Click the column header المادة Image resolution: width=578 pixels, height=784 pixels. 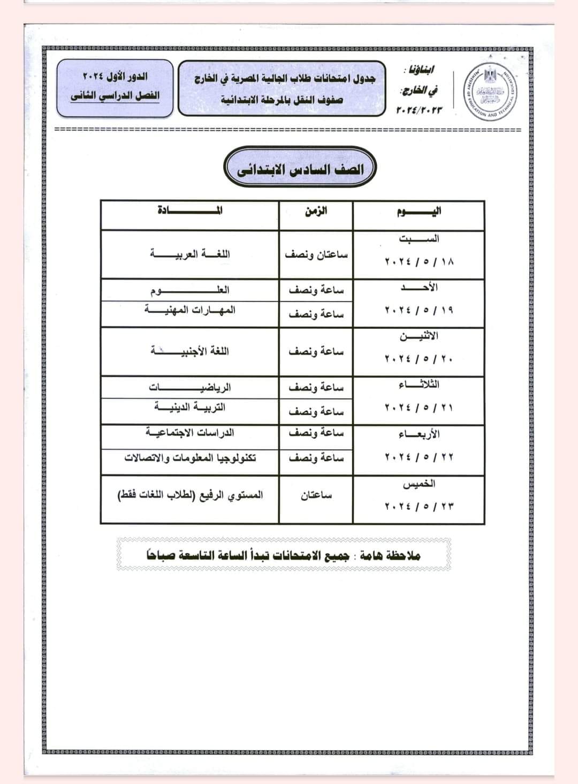pos(190,210)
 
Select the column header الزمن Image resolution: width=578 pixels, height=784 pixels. pos(316,210)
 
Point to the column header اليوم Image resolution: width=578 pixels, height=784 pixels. pos(419,210)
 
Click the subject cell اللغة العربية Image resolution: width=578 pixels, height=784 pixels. pos(190,253)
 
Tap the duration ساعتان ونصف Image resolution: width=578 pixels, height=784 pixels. pos(316,255)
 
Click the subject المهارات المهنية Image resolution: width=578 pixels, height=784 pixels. pos(190,310)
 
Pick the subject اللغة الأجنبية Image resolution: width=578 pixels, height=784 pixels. pos(190,351)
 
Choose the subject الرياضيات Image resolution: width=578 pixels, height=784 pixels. pos(190,387)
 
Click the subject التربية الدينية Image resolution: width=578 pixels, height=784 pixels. pos(190,407)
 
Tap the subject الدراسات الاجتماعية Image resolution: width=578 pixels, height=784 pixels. pos(190,432)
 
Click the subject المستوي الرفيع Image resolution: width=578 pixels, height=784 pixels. pos(190,495)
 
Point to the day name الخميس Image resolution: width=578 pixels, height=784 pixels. pos(419,484)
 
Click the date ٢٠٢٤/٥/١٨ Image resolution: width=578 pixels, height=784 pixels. pos(419,262)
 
